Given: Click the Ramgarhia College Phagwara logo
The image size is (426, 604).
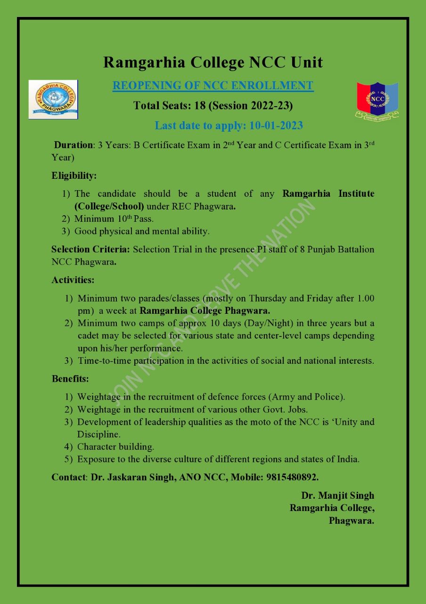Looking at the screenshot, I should (53, 99).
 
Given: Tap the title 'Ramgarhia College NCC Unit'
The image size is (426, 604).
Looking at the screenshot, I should (213, 62).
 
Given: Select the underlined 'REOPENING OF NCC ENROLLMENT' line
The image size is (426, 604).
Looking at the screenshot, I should (213, 86).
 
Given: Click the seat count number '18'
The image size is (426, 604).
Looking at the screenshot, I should (200, 106).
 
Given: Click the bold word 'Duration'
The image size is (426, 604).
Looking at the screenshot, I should (73, 145).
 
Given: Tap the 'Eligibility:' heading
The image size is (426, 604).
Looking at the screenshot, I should (74, 176).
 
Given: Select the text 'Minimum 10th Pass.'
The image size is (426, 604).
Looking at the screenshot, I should (114, 219).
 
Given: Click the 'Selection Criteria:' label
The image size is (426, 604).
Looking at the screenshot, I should (91, 249).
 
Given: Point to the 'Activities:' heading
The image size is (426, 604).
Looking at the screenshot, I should (73, 280).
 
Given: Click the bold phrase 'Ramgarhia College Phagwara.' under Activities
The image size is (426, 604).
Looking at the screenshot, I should (205, 311).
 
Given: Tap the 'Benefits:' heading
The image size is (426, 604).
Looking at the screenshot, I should (70, 378).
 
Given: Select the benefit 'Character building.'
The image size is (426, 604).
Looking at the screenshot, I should (115, 446).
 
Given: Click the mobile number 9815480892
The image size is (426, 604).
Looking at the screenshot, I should (290, 477).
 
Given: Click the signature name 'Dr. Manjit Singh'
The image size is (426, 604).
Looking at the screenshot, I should (337, 495).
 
